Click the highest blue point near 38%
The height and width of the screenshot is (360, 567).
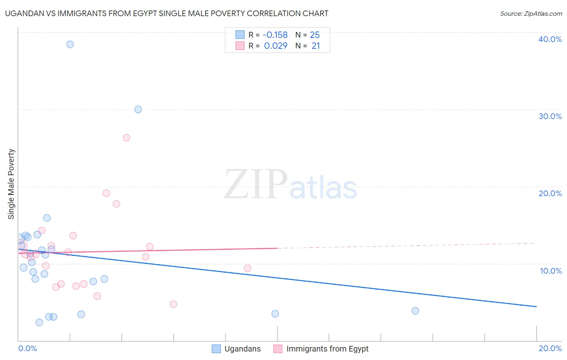[x=70, y=44]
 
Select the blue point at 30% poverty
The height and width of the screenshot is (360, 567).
[x=138, y=109]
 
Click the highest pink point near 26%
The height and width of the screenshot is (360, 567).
[x=127, y=138]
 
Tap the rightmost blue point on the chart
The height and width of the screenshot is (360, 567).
[x=415, y=311]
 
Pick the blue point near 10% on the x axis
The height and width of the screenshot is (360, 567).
[x=275, y=314]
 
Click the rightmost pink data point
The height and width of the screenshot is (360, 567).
[x=248, y=268]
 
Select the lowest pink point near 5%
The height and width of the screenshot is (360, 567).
[x=173, y=304]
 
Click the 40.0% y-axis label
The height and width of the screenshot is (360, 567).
[x=550, y=39]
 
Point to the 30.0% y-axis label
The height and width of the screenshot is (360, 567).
[x=550, y=116]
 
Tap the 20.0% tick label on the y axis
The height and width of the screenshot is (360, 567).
[x=550, y=193]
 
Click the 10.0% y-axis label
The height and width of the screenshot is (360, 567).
[x=551, y=271]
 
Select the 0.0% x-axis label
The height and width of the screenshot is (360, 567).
[x=27, y=348]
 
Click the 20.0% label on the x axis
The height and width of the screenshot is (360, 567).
[x=550, y=348]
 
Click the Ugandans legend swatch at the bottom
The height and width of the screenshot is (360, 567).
[x=217, y=349]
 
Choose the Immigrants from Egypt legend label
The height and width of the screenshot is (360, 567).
[x=327, y=349]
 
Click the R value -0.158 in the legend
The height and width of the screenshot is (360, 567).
[x=275, y=35]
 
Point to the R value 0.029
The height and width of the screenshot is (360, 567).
[x=276, y=46]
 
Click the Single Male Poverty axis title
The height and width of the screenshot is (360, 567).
[x=11, y=184]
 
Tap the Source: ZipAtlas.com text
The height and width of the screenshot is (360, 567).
[x=531, y=14]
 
